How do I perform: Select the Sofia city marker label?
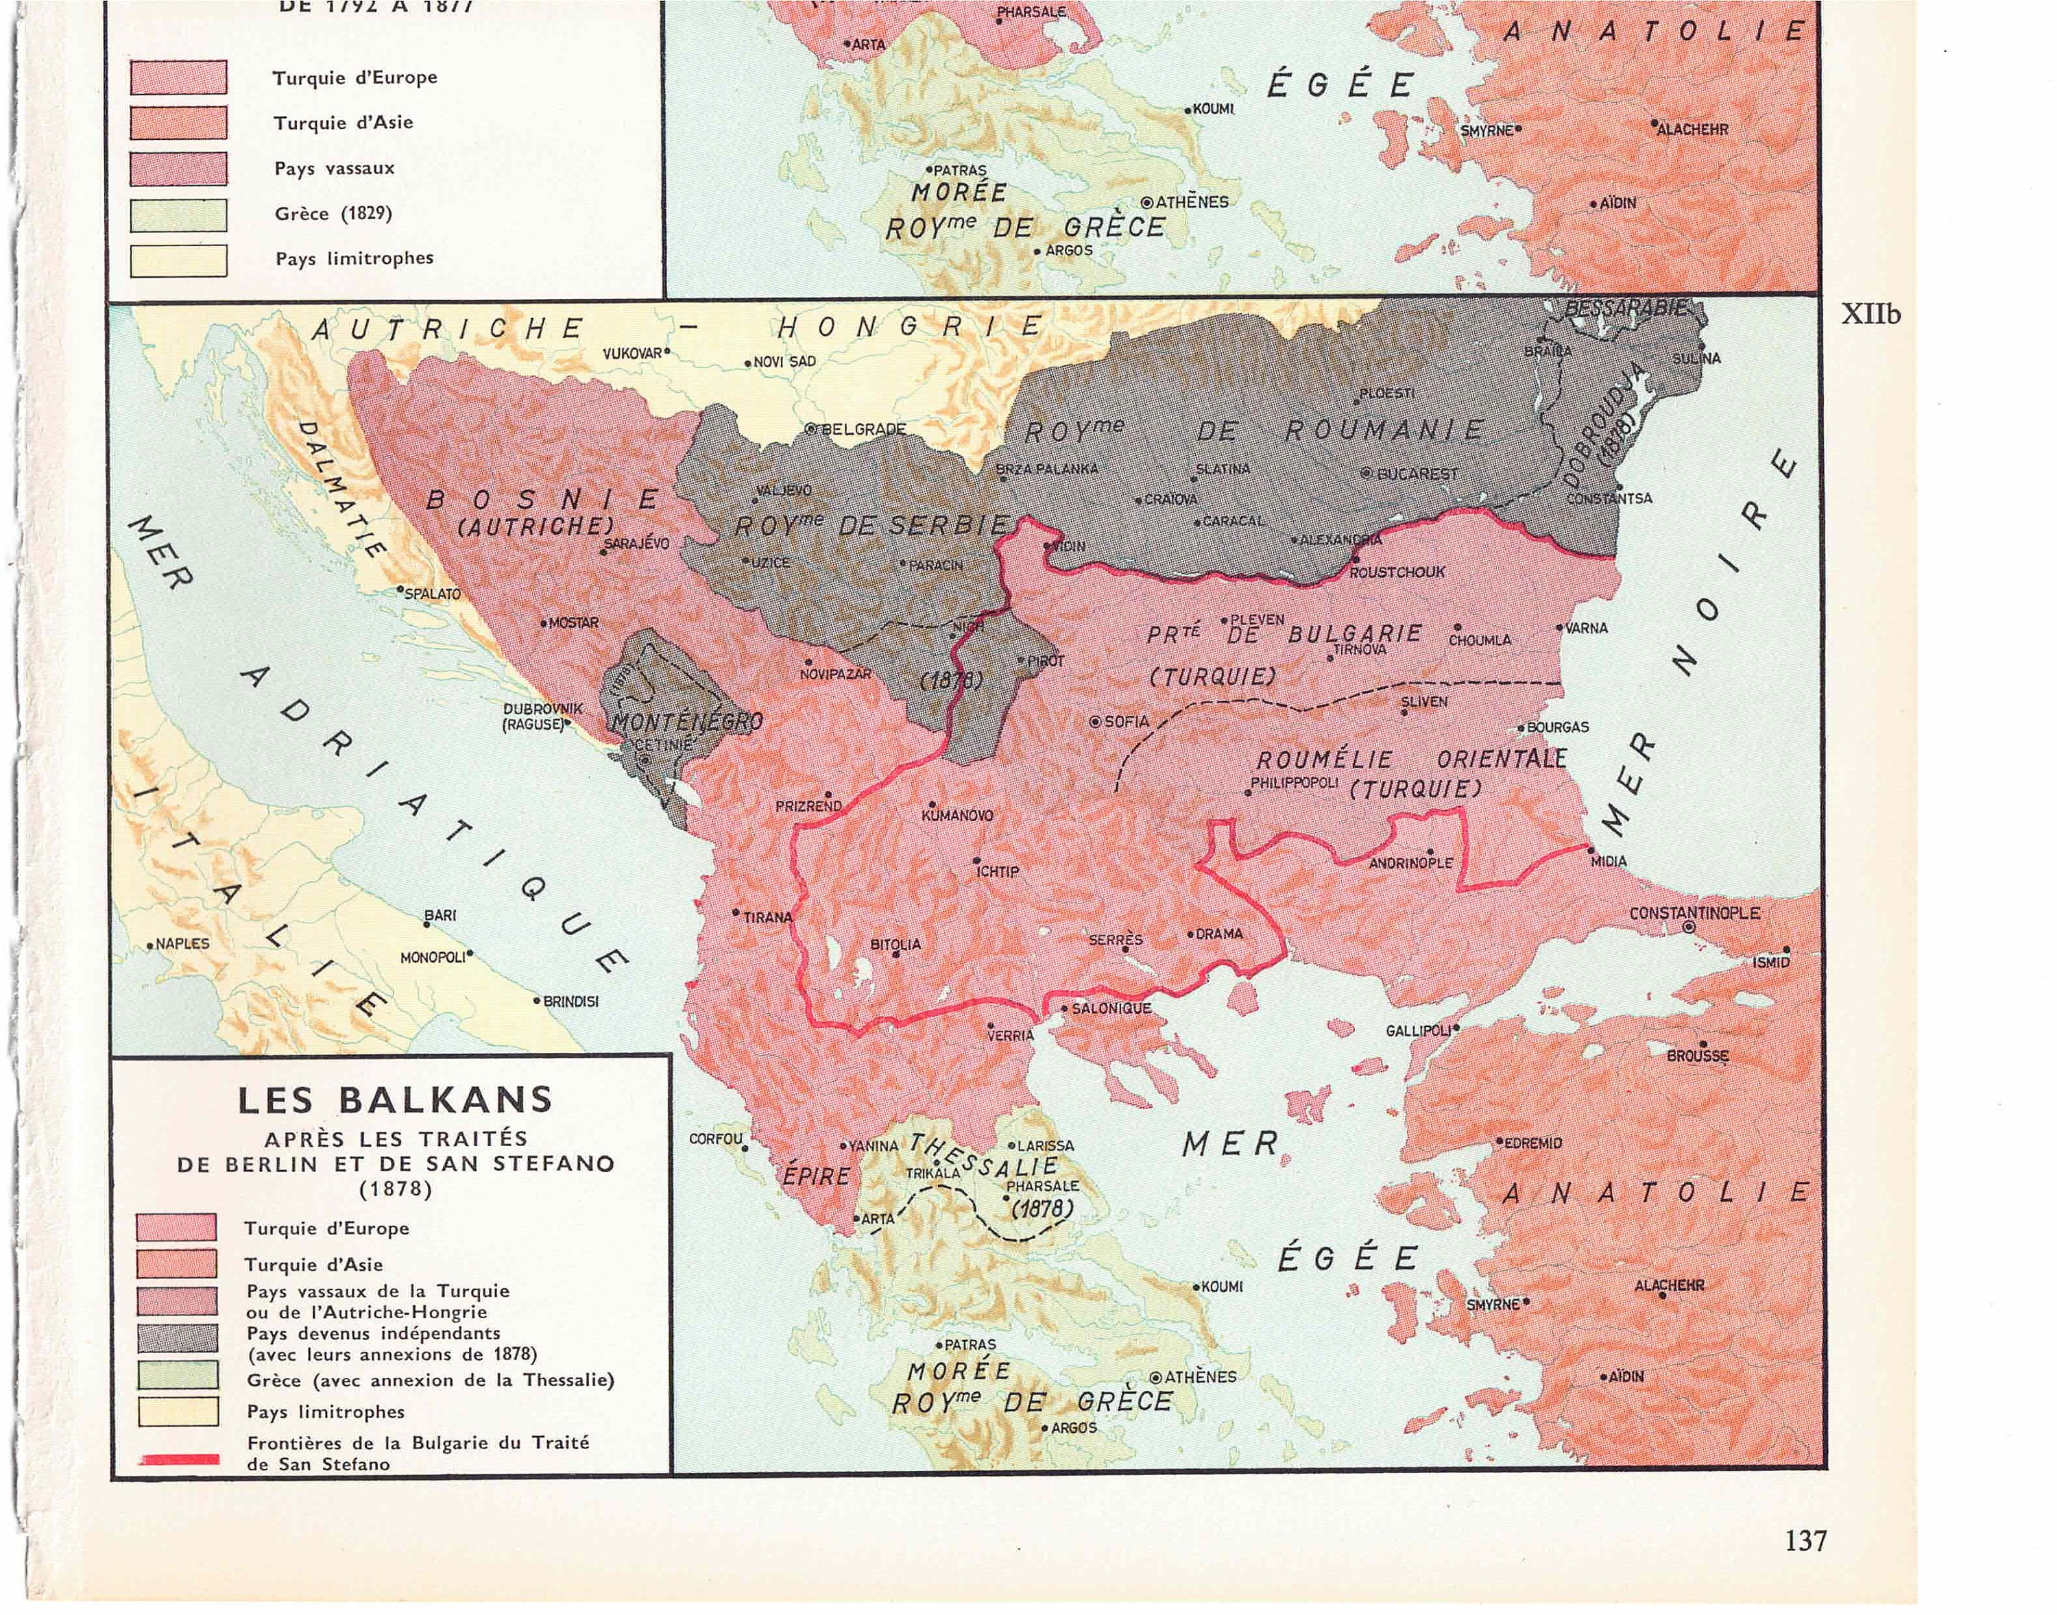point(1125,721)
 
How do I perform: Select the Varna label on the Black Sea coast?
point(1586,628)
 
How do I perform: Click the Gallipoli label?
point(1418,1031)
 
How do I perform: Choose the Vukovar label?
point(633,354)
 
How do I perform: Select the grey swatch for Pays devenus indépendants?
point(178,1339)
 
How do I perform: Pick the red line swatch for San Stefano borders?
point(180,1460)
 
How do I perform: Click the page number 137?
point(1805,1540)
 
